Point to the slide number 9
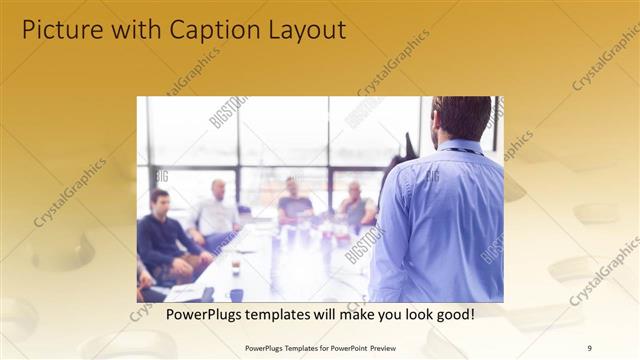tap(589, 347)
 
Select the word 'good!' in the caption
tap(453, 315)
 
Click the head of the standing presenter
tap(461, 118)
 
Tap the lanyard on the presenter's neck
tap(462, 150)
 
